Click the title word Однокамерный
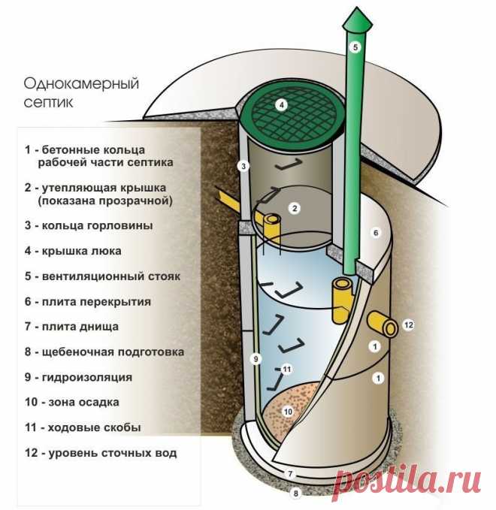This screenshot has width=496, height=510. coord(81,83)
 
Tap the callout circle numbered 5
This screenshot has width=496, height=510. coord(355,47)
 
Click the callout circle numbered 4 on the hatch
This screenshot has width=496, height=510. coord(282,104)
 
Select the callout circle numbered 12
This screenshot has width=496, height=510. coord(409,324)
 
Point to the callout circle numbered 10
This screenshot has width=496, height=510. coord(289,412)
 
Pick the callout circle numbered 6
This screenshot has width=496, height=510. coord(376,233)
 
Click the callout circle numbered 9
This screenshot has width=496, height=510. coord(256,359)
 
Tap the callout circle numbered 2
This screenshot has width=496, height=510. coord(295,208)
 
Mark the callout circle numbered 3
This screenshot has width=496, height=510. coord(243,167)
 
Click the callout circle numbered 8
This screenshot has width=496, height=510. coord(296,493)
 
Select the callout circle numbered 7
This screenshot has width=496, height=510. coord(290,474)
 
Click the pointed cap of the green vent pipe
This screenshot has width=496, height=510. coord(357,20)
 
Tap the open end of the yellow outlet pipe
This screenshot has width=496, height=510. coord(391,328)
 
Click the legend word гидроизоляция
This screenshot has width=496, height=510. coord(87,377)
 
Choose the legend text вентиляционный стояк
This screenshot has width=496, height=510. coord(111,276)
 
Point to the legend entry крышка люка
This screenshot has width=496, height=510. coord(82,251)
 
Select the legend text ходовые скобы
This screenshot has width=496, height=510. coord(95,427)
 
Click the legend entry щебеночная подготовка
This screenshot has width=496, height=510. coord(113,352)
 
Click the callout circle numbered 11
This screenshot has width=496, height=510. coord(287,369)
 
